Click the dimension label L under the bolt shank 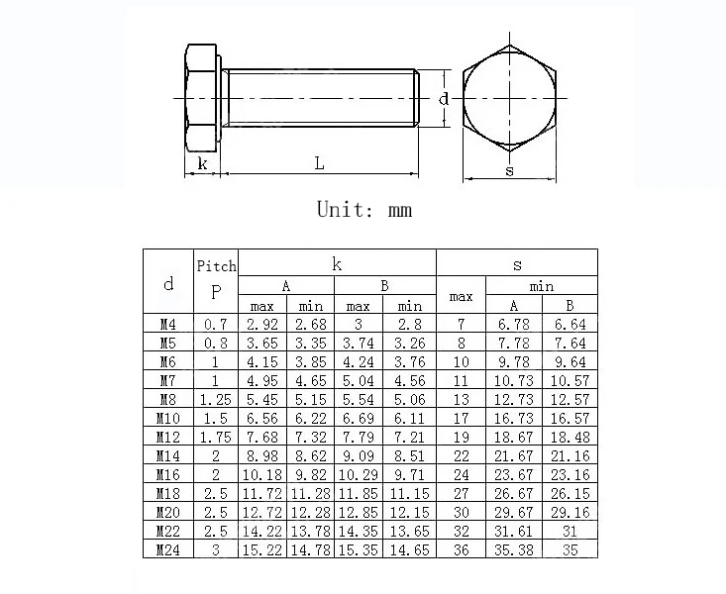[320, 163]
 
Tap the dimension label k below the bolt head [203, 163]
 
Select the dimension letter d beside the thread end [445, 98]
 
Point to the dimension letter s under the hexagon [509, 170]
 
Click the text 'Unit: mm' [363, 210]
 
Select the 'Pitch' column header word [217, 265]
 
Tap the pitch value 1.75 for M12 [216, 437]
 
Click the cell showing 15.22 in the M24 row [262, 549]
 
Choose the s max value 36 [461, 549]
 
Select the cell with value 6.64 [570, 324]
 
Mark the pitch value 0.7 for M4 [216, 324]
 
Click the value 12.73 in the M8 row [514, 399]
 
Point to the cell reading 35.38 [514, 549]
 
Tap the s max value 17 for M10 [461, 418]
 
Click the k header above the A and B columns [337, 263]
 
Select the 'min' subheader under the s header [541, 286]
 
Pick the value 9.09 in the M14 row [359, 455]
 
